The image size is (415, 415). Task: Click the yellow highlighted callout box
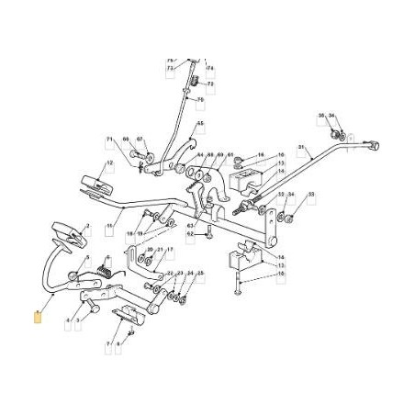click(38, 318)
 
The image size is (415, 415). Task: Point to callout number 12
click(110, 165)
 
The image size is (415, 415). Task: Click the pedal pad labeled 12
click(95, 182)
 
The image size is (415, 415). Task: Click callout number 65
click(200, 124)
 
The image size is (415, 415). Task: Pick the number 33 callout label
click(310, 195)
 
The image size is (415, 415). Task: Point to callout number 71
click(108, 140)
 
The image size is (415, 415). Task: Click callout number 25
click(200, 274)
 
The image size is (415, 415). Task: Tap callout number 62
click(190, 234)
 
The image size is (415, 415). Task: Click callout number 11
click(108, 226)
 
